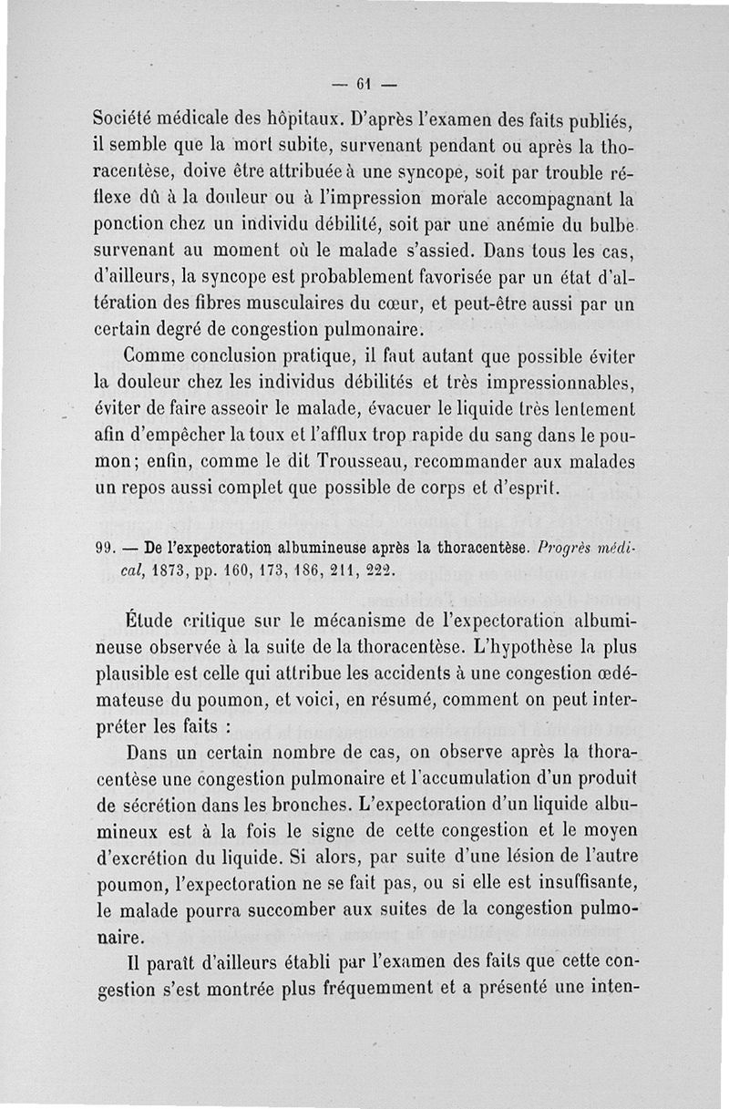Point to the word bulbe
609,223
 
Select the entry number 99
105,549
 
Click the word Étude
149,621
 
